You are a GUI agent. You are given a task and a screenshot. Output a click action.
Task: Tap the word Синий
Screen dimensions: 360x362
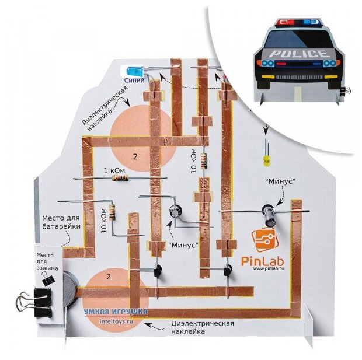(134, 81)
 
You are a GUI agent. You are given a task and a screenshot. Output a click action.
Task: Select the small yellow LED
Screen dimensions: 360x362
(266, 159)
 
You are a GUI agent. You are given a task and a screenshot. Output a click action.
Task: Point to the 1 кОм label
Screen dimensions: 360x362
(113, 171)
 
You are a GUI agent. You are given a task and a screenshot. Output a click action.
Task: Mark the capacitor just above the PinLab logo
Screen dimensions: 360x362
(270, 212)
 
